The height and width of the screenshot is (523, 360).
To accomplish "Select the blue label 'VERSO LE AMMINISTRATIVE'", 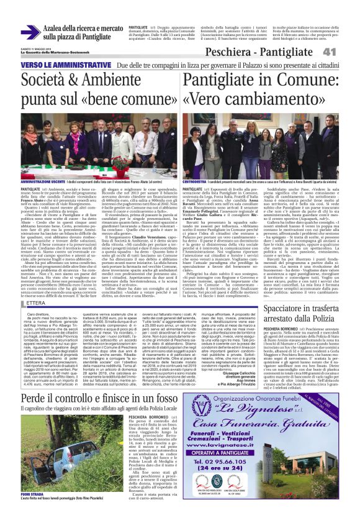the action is pyautogui.click(x=55, y=65).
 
